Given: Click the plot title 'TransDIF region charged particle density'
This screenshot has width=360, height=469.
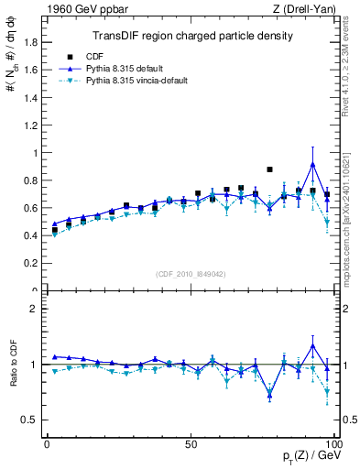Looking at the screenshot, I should pos(192,36).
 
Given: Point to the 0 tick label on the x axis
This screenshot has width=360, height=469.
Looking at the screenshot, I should pos(47,443).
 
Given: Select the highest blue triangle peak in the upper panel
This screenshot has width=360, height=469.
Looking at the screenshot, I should pos(313,164).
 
